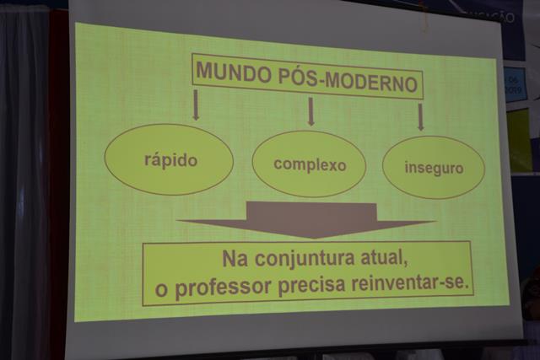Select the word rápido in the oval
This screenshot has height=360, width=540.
(x=170, y=160)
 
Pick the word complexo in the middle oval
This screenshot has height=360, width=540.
(x=310, y=165)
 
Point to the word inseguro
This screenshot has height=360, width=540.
(x=434, y=168)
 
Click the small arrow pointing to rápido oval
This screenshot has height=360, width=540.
(x=196, y=105)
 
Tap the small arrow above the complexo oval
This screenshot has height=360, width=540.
(x=311, y=111)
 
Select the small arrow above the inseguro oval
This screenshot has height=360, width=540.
(x=420, y=117)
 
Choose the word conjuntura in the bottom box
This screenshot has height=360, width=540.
(x=305, y=259)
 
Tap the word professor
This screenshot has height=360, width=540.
(x=223, y=287)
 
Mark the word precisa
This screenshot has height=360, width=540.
(x=311, y=285)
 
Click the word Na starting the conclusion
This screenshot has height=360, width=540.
(x=235, y=259)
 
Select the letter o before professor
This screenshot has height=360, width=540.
(x=161, y=290)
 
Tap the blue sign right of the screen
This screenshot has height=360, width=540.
(x=515, y=84)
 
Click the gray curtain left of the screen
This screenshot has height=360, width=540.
(x=24, y=182)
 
